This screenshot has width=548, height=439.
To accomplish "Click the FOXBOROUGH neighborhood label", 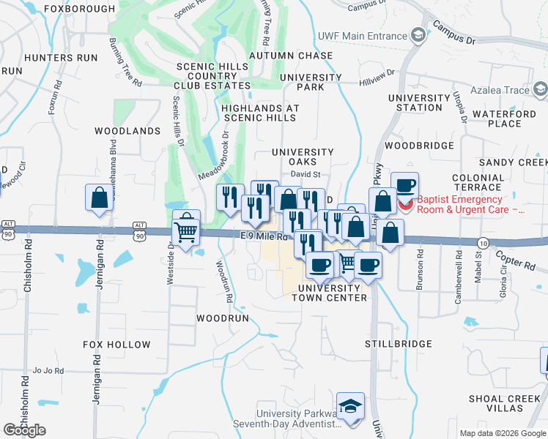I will click(x=80, y=9).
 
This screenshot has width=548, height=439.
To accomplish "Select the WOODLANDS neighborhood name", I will click(x=127, y=131).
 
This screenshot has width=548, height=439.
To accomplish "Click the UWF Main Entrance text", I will click(x=362, y=36).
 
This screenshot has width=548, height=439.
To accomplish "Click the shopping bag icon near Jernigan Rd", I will click(x=98, y=198).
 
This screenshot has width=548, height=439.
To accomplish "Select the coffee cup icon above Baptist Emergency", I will click(x=404, y=184).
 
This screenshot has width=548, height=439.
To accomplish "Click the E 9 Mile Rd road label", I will click(x=266, y=236).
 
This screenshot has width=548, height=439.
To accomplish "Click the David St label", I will click(x=306, y=174).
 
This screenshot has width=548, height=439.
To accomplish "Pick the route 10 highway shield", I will click(x=482, y=242).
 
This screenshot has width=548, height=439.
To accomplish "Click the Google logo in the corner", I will click(x=24, y=430).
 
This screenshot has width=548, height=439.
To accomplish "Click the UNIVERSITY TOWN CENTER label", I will click(x=330, y=293).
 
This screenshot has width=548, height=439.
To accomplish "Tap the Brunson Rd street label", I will click(x=420, y=271).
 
